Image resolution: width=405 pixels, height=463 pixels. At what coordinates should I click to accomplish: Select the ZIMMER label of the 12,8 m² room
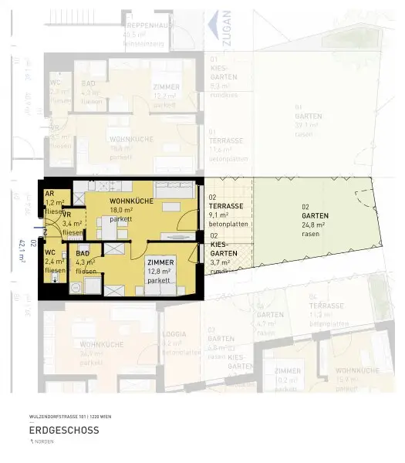[160, 262]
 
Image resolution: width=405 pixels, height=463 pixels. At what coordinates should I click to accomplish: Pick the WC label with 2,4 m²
[49, 253]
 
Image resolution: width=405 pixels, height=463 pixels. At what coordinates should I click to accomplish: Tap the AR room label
[49, 194]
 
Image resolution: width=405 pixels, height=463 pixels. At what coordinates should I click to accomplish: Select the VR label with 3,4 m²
[67, 215]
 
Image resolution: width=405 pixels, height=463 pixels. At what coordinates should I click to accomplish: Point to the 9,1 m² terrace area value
[221, 215]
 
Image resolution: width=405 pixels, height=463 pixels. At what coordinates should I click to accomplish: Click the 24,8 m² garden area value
[313, 224]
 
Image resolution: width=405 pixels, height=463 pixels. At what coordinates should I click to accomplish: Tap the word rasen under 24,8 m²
[310, 232]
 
